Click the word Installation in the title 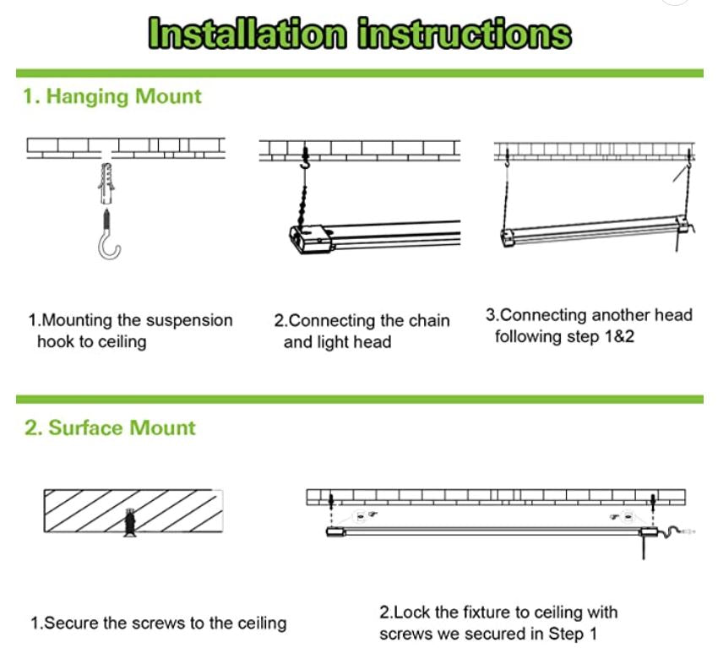(x=247, y=34)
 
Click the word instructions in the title (x=464, y=34)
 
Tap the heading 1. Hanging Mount (x=112, y=96)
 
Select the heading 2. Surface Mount (x=110, y=427)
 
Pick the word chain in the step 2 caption (x=429, y=321)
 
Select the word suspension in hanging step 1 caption (x=189, y=321)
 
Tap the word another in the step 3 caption (x=622, y=315)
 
